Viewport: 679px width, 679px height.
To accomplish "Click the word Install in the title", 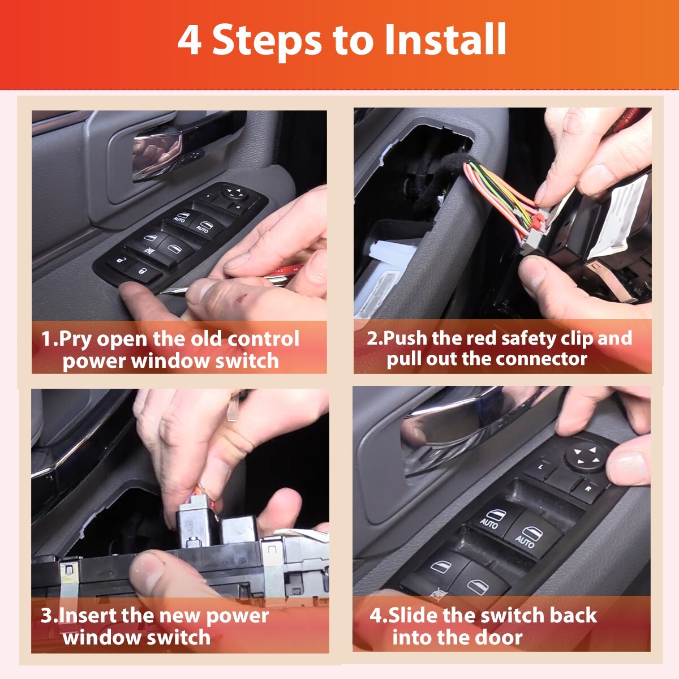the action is coord(446,39).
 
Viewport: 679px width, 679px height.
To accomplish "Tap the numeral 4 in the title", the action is coord(190,40).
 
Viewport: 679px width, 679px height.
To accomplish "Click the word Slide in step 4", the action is coord(412,615).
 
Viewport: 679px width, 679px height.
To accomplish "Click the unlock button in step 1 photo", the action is coord(121,261).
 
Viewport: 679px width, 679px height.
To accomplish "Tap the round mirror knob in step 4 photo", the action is coord(585,456).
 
